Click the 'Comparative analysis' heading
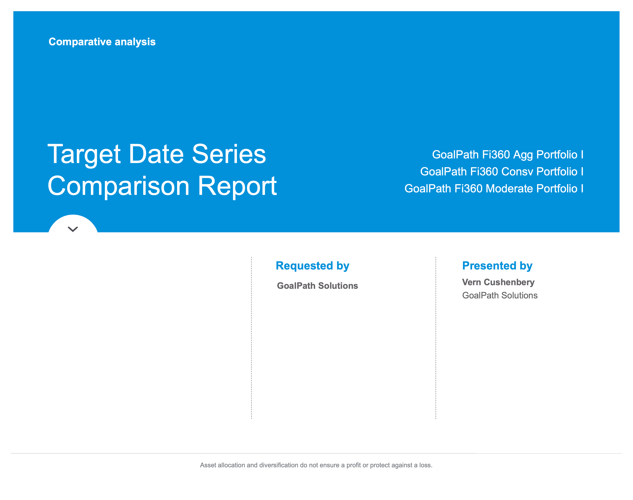click(102, 42)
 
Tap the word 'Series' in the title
click(229, 154)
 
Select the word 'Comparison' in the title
click(118, 187)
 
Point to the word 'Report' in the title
click(237, 187)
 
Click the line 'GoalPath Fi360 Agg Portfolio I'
click(508, 155)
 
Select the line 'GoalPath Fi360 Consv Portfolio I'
click(502, 172)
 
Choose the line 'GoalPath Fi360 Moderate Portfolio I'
click(494, 189)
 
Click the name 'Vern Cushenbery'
click(498, 282)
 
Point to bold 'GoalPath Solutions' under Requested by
click(318, 286)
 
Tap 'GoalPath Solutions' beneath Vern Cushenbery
click(500, 295)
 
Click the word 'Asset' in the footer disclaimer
click(208, 465)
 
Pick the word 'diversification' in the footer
click(279, 465)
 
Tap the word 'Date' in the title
click(156, 154)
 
